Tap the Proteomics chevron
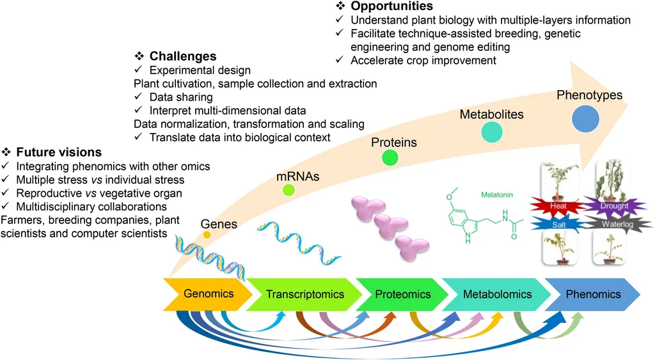pos(402,294)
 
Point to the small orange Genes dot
pos(207,235)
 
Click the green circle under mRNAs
pos(288,189)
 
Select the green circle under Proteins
pos(390,157)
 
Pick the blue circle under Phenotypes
pos(585,119)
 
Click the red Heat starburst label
pos(553,206)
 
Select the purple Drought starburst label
pos(613,206)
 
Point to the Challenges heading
pos(183,56)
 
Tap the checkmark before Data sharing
pos(138,97)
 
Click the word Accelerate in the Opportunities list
pos(375,60)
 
